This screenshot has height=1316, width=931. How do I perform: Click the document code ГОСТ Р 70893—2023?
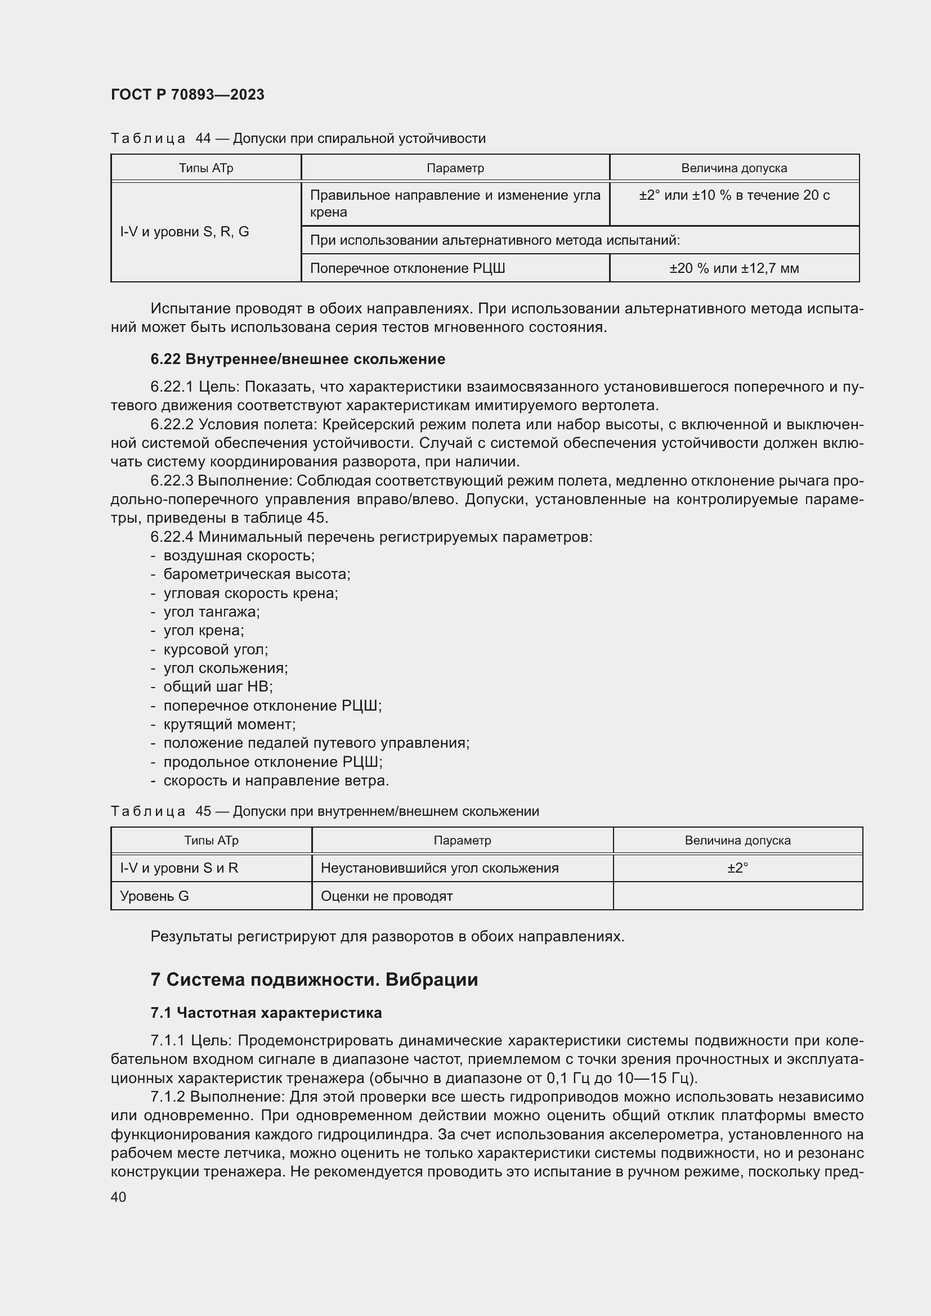pos(187,95)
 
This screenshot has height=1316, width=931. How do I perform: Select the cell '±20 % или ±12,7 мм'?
pos(734,268)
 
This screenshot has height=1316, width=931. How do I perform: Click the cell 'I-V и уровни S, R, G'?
pos(185,232)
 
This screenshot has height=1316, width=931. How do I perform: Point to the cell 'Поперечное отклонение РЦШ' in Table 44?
pos(407,268)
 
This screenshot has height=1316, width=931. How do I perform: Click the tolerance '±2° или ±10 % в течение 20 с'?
pos(734,195)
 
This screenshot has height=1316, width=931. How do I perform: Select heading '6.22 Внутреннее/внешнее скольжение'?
pos(298,360)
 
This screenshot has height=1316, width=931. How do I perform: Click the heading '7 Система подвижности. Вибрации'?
pos(314,980)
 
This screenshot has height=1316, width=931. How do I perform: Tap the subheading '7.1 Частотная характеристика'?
pos(266,1013)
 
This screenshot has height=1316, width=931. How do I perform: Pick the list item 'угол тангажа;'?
pos(212,612)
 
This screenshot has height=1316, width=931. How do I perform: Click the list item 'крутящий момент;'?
pos(229,724)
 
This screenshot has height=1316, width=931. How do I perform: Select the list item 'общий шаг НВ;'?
pos(218,686)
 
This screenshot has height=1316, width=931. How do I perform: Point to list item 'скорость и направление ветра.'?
pos(276,781)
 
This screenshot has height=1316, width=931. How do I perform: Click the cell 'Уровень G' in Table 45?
pos(154,896)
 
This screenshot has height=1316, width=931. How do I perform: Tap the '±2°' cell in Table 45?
pos(737,868)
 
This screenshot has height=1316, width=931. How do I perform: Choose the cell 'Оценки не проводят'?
pos(386,896)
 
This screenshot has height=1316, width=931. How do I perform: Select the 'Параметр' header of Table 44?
pos(455,168)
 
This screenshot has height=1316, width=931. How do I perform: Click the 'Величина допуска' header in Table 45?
pos(737,840)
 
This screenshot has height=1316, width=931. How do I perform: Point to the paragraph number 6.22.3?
pos(172,480)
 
